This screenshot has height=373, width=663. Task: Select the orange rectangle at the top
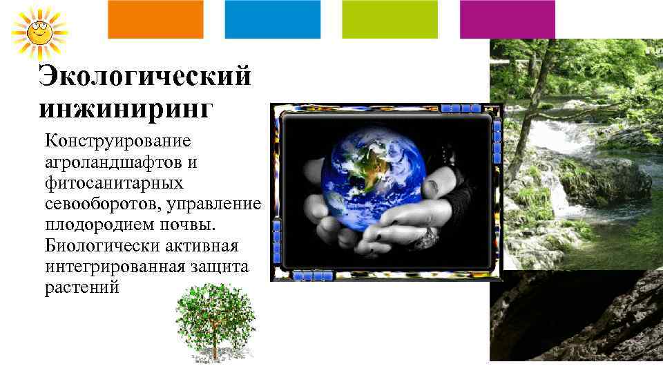(x=155, y=19)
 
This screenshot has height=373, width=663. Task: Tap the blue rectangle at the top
(x=273, y=19)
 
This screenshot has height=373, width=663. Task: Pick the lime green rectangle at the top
(x=390, y=19)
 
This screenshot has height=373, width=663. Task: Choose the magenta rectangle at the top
(x=507, y=19)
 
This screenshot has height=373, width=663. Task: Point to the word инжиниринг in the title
(x=126, y=108)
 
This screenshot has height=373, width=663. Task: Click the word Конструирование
(x=117, y=142)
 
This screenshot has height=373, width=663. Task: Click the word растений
(x=82, y=287)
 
